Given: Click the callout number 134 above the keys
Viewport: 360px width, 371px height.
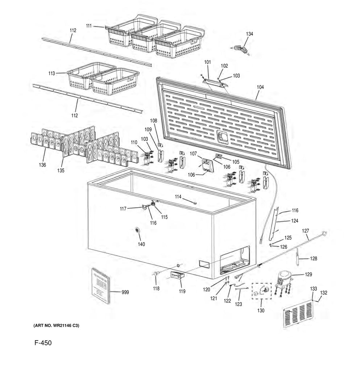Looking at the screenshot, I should (x=249, y=34).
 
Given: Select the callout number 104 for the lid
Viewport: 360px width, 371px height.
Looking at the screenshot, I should (x=260, y=87).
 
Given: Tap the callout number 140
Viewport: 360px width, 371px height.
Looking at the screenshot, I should (x=141, y=244).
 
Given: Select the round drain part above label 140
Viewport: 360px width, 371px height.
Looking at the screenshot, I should (x=137, y=231).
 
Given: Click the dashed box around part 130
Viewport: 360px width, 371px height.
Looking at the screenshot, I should (x=261, y=291).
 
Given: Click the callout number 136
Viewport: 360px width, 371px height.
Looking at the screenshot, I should (x=43, y=165).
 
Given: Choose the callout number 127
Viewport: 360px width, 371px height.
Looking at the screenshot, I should (x=305, y=231).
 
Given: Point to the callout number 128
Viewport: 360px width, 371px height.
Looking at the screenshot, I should (x=314, y=259).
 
